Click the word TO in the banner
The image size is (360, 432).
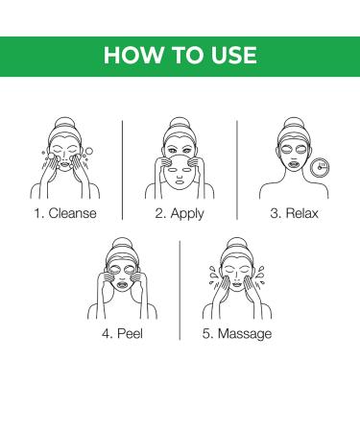pos(187,55)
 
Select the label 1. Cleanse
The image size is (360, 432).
pos(65,213)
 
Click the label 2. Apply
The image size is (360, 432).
pos(180,214)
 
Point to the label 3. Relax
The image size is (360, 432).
pos(294,213)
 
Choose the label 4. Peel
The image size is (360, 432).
pos(122,333)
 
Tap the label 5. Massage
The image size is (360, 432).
pos(237,334)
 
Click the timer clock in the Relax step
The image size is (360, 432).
pos(321,167)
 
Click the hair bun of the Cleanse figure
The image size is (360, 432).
pos(64,123)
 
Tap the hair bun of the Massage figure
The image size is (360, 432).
pos(236,244)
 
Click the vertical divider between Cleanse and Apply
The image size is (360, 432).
pos(123,170)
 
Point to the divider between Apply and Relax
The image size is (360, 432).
pos(237,170)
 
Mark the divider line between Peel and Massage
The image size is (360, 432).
pos(180,290)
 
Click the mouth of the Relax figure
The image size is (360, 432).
pos(294,165)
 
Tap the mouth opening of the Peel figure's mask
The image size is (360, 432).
pos(122,284)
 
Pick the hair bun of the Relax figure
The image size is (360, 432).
pos(294,123)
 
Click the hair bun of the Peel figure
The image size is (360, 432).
pos(122,244)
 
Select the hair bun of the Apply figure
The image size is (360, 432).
pos(180,123)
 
